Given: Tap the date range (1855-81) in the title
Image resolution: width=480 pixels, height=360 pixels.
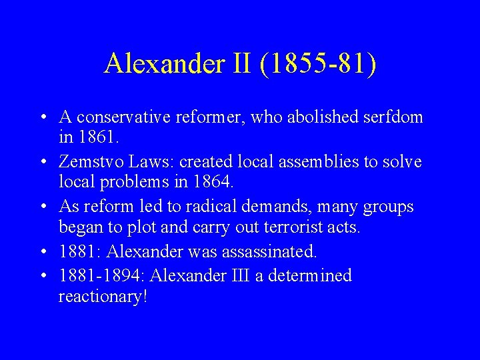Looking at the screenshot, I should [x=319, y=64].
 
